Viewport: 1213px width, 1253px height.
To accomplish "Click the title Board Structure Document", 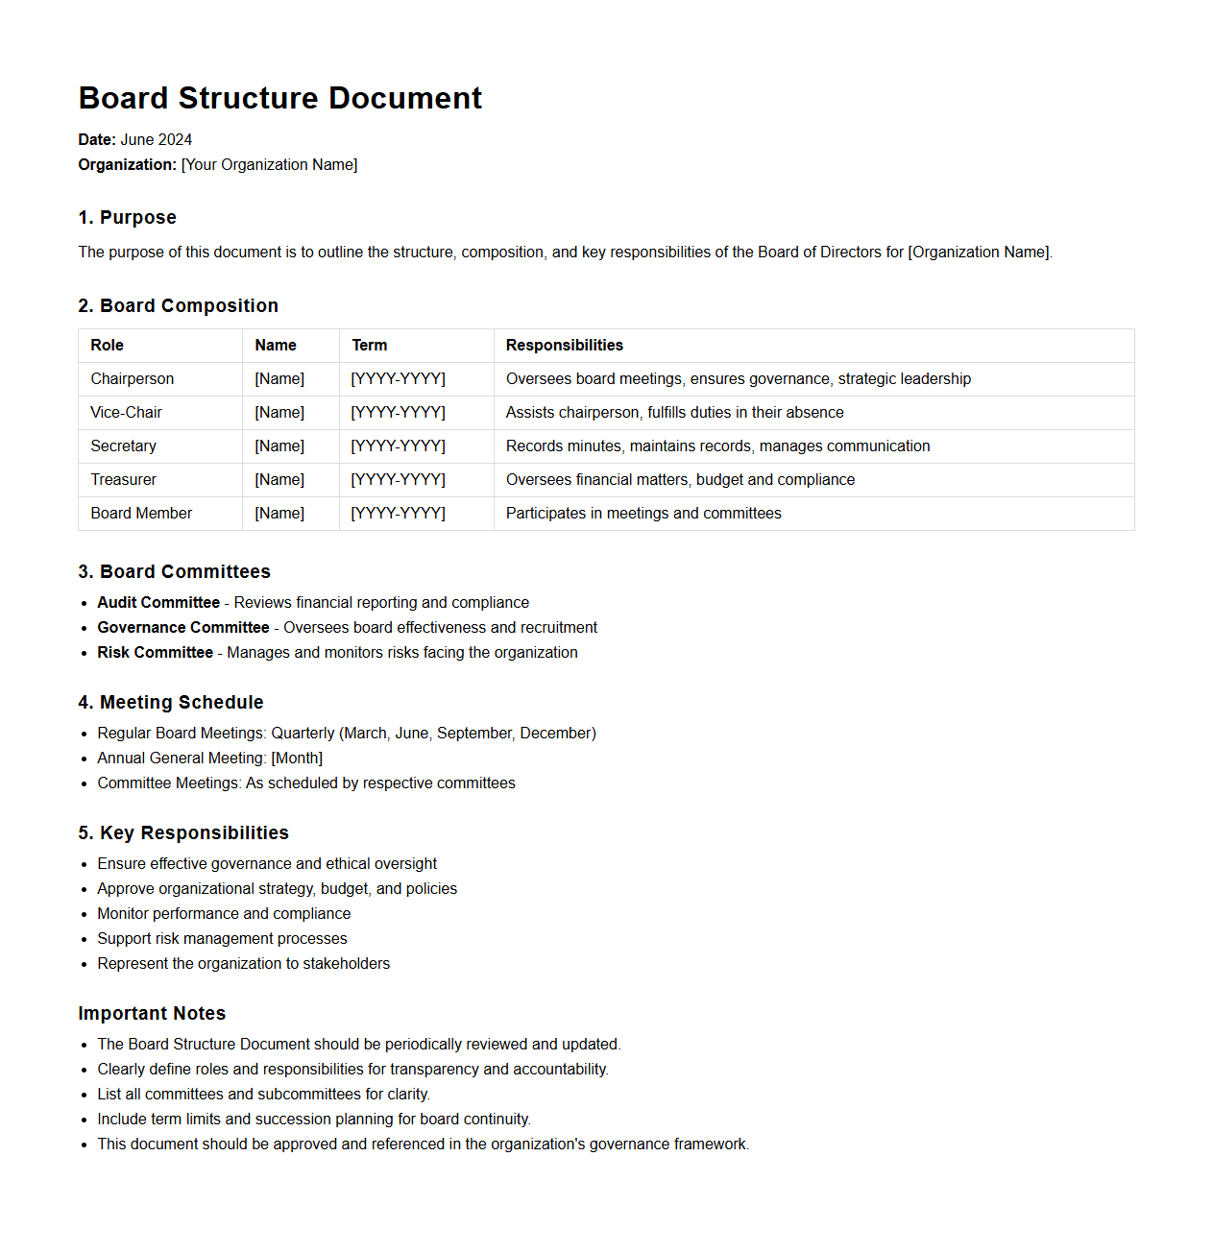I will click(279, 98).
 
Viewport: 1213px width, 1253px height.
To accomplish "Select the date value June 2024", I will click(156, 139).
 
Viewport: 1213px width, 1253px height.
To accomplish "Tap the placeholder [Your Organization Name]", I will click(269, 164).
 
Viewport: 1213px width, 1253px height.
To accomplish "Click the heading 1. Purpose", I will click(127, 217).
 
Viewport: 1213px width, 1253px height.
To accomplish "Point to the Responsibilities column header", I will click(564, 345).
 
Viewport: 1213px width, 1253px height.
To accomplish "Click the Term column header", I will click(369, 345).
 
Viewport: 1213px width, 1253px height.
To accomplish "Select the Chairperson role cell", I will click(133, 378).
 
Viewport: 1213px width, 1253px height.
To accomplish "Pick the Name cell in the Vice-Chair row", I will click(279, 412).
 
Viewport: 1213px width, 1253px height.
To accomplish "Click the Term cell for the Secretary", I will click(398, 446).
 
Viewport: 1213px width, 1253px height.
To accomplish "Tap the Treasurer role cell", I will click(123, 479).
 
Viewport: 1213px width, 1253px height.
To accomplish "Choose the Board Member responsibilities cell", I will click(643, 513).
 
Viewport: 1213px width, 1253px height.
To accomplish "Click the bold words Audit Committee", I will click(158, 602).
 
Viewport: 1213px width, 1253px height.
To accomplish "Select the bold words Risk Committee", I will click(155, 652).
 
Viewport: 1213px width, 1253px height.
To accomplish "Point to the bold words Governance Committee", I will click(182, 627).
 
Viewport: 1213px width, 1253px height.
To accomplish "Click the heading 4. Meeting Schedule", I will click(170, 702).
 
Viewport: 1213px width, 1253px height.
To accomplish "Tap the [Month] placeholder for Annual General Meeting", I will click(297, 758).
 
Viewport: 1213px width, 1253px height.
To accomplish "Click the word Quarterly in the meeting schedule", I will click(303, 733).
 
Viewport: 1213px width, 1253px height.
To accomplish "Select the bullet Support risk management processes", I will click(222, 938).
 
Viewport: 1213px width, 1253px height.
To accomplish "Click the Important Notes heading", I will click(152, 1013).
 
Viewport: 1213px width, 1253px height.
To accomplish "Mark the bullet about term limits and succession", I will click(313, 1119).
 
